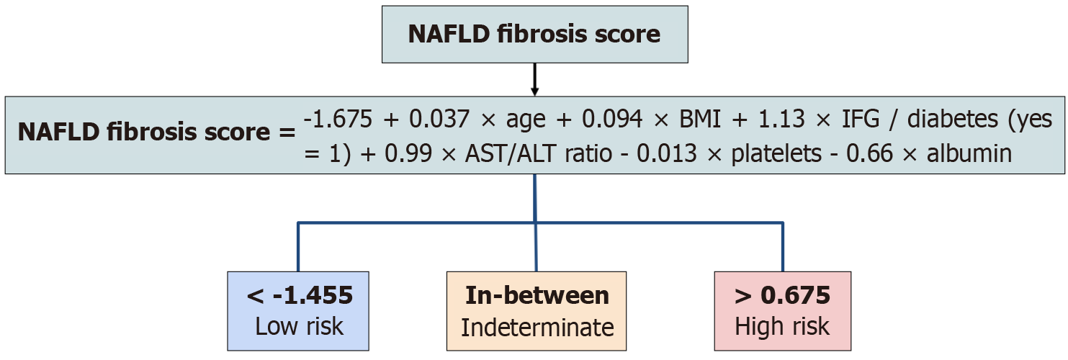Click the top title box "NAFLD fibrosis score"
click(534, 35)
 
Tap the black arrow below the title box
click(534, 79)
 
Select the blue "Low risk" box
click(298, 311)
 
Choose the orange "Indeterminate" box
click(537, 311)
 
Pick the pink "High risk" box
click(782, 311)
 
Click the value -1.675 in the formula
click(338, 119)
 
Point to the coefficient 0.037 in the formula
click(439, 119)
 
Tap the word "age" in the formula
click(526, 121)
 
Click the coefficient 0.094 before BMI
click(612, 119)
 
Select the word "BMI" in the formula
click(699, 119)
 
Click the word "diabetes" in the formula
click(953, 119)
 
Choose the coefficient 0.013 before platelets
click(667, 153)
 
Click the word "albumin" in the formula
click(969, 153)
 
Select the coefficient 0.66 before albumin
click(870, 153)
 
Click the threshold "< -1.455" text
click(300, 296)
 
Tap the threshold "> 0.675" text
click(782, 296)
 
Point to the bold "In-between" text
click(537, 296)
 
